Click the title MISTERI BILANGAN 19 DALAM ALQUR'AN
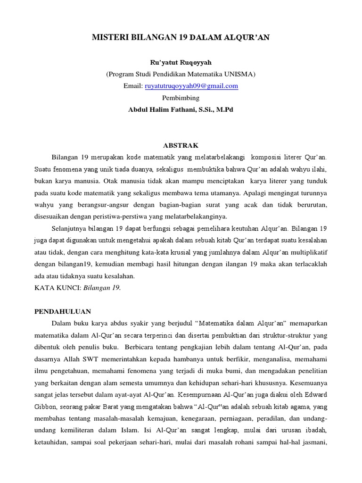pos(181,38)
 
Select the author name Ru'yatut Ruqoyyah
pos(181,62)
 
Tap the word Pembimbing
pos(181,98)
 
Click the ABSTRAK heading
pos(181,145)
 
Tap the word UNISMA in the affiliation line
pos(238,74)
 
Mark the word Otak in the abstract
pos(116,181)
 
